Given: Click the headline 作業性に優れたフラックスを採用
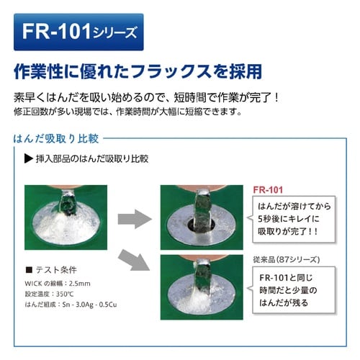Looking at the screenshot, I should pos(138,72).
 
